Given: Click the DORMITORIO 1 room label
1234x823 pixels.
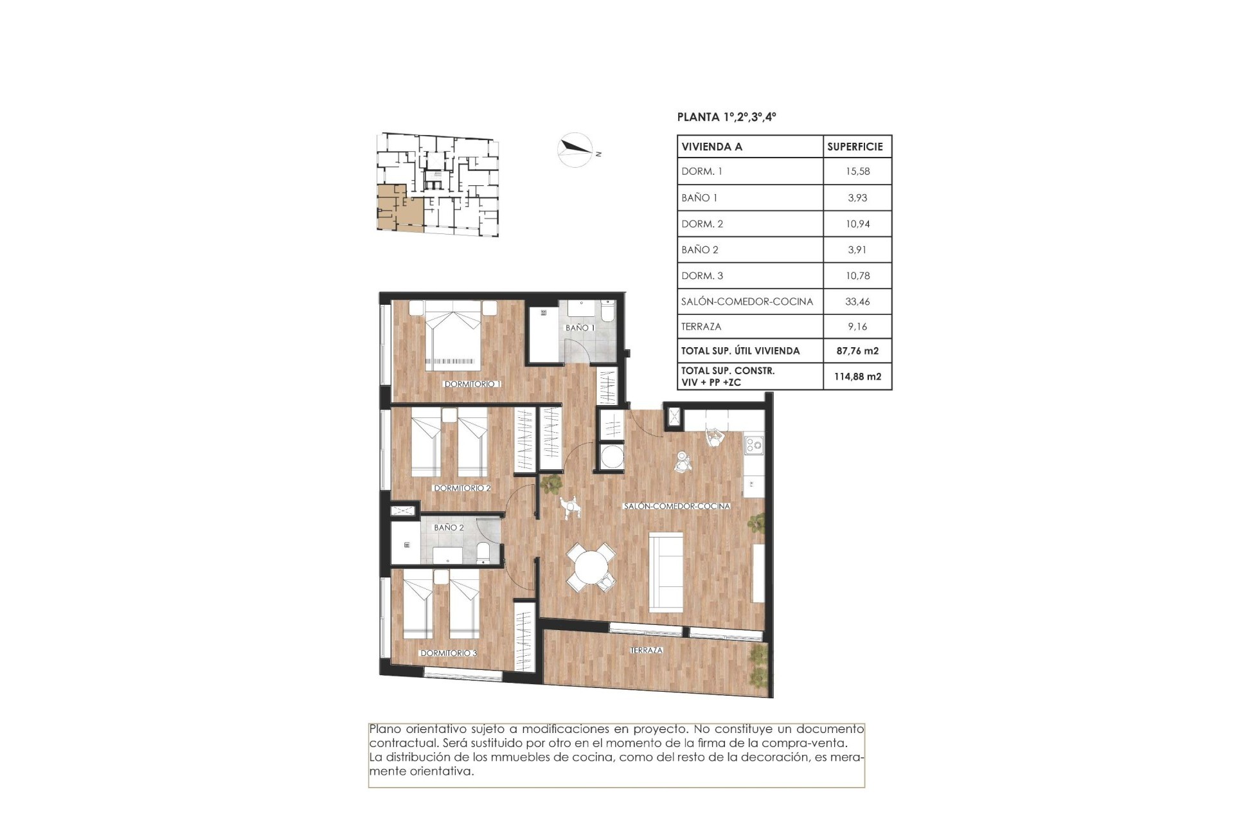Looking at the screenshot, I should tap(472, 384).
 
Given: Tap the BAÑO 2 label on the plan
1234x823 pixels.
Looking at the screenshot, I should tap(449, 527).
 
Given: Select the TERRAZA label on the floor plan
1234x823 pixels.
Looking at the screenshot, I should tap(646, 650).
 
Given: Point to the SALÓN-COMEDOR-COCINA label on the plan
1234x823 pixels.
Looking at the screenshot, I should tap(677, 506).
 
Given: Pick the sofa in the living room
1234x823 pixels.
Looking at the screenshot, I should tap(666, 571).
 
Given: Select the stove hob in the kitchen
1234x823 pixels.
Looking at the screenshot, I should tap(753, 443).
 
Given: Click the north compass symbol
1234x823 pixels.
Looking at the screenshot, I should tap(575, 149).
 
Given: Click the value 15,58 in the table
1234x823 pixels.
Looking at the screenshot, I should tap(857, 172).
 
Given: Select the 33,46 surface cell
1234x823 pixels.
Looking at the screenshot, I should tap(857, 301).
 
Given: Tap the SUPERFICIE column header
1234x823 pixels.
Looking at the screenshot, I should tap(855, 147).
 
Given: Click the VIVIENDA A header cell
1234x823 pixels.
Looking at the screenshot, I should tap(712, 147).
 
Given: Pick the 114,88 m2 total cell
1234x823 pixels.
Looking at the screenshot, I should tap(857, 377).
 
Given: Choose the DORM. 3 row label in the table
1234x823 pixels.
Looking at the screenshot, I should tap(702, 275).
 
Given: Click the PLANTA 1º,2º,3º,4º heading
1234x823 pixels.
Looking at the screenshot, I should tap(726, 117).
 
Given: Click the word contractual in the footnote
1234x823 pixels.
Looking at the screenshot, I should tap(398, 743).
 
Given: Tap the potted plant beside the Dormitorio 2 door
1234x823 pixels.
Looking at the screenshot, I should tap(550, 483).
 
